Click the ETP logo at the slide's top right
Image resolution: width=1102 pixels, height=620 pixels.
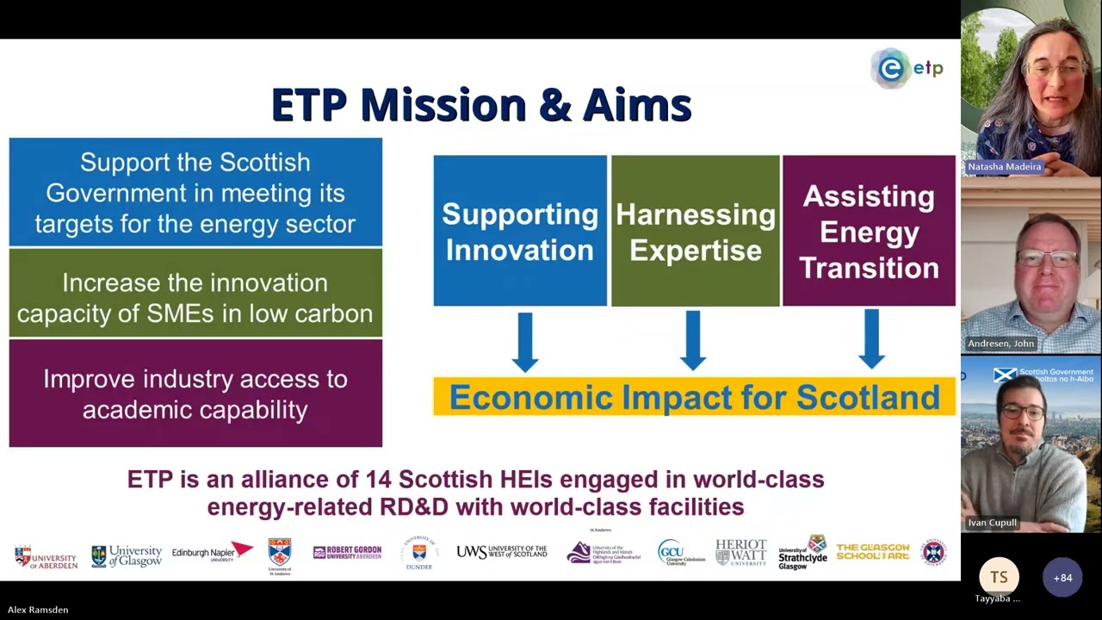click(907, 69)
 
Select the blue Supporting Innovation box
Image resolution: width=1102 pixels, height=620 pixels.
click(520, 231)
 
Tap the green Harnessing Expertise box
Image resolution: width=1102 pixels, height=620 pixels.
click(695, 231)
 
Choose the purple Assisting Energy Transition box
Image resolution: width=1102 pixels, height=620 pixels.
click(869, 231)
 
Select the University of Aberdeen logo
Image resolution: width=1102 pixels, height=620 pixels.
click(46, 556)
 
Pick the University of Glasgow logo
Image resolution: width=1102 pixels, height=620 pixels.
click(127, 556)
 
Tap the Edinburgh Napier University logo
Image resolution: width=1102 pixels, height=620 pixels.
click(212, 552)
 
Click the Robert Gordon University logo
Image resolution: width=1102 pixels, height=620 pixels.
click(347, 553)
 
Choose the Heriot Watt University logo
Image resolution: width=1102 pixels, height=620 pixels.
click(740, 552)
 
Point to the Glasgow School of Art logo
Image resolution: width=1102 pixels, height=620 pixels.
click(872, 552)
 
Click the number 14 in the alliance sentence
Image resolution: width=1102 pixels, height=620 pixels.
click(378, 480)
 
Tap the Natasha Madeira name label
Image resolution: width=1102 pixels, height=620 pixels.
click(1004, 166)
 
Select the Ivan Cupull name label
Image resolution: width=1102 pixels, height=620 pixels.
click(992, 523)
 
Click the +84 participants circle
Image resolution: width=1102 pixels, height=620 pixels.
click(1062, 578)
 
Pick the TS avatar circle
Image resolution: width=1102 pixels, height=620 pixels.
click(999, 577)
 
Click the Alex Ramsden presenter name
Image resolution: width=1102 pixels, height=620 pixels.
click(38, 610)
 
